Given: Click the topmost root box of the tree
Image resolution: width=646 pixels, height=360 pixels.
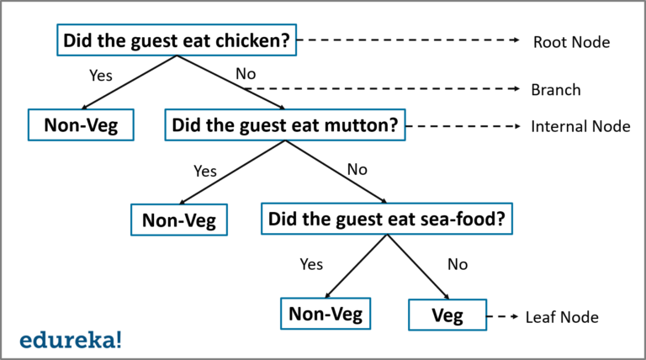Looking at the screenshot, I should pos(177,40).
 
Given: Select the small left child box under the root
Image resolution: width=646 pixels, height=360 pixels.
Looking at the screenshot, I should pos(81,124).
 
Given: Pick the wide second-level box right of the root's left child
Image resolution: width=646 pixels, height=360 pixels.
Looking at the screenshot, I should pos(284,124).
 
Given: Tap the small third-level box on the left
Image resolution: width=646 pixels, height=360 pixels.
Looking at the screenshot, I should pos(179,220).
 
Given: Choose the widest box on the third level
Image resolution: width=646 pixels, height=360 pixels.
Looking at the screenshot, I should pos(386,219).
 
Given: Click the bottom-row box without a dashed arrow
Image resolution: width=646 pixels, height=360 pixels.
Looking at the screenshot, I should pos(326,313).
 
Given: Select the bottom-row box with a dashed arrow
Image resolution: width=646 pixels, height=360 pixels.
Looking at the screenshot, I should pos(447,315).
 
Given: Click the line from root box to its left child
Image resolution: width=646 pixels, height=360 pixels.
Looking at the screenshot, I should pos(130,82).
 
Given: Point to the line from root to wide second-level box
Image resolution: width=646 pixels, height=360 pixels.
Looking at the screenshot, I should pos(229,82).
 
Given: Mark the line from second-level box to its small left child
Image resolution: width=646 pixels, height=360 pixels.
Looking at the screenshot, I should pos(233,172).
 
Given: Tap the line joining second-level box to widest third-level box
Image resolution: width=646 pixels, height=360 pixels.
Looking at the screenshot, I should pos(335,172).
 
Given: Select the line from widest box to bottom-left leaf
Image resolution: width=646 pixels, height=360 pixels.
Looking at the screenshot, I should pos(357,266).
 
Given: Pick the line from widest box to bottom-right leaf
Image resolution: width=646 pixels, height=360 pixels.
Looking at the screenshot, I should pos(417,266).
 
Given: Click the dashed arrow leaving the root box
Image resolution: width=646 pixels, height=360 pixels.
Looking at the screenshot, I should pos(408,40).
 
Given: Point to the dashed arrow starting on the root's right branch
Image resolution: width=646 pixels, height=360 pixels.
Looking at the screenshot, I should pos(383,88).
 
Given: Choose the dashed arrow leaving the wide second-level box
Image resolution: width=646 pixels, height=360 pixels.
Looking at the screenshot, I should pos(463,126).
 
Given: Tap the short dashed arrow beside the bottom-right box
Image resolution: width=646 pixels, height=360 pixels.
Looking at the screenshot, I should pos(502,316).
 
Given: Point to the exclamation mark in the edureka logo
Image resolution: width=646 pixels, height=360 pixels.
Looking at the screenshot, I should pos(119,339).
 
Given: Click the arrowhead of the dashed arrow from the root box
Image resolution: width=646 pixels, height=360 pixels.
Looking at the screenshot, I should pos(518,40).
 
